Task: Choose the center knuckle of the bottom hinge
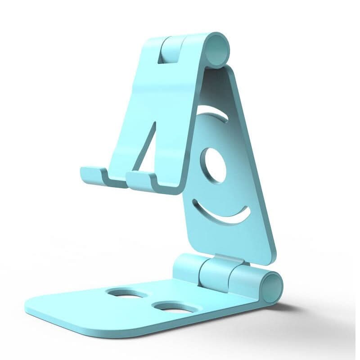click(214, 273)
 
